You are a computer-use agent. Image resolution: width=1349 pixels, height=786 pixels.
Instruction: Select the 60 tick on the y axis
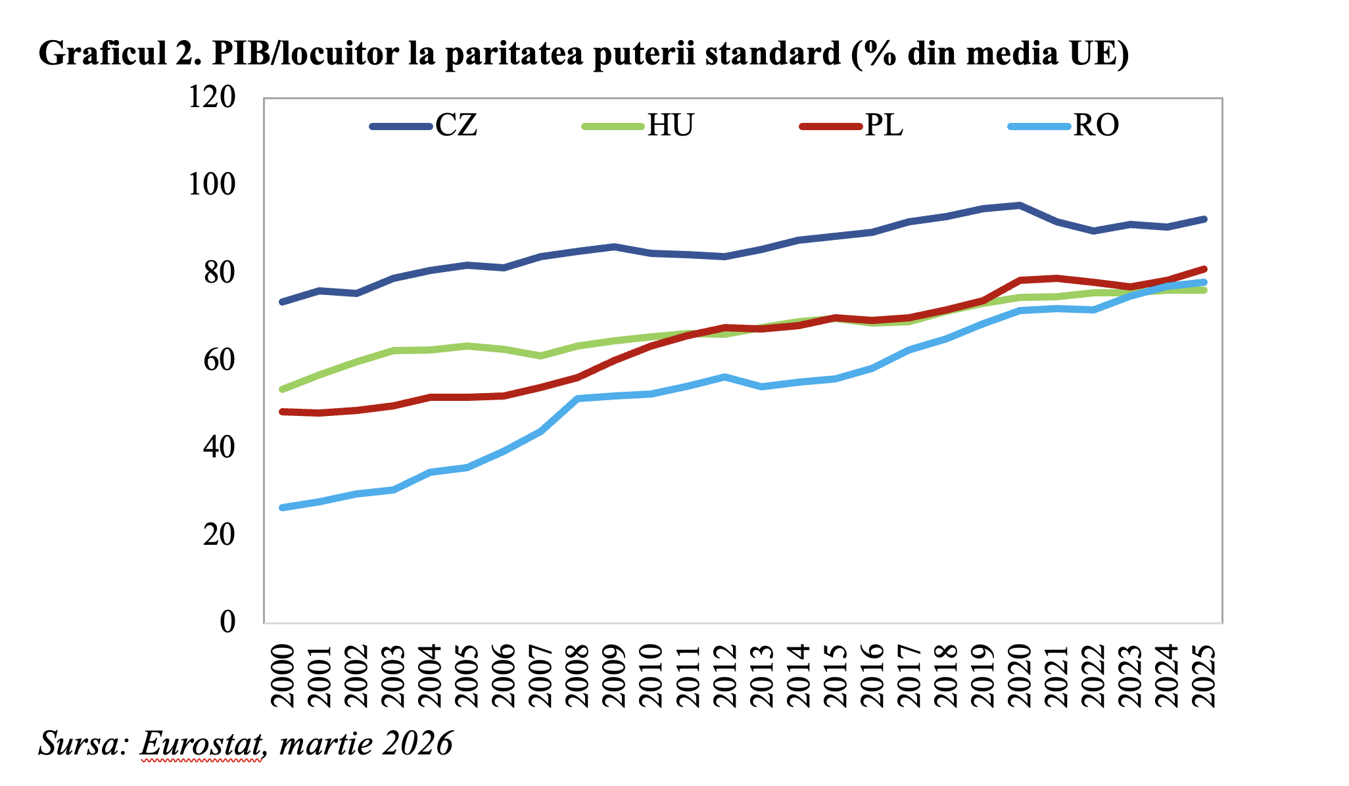[219, 359]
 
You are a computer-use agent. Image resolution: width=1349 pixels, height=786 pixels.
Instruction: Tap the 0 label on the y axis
[227, 621]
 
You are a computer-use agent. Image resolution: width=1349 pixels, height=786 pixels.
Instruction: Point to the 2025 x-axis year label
[1205, 676]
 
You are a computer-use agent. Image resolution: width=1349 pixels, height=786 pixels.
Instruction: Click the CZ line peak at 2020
[1020, 205]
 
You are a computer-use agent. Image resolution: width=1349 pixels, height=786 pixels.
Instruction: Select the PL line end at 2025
[1204, 269]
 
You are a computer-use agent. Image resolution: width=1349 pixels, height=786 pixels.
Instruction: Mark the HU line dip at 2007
[540, 356]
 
